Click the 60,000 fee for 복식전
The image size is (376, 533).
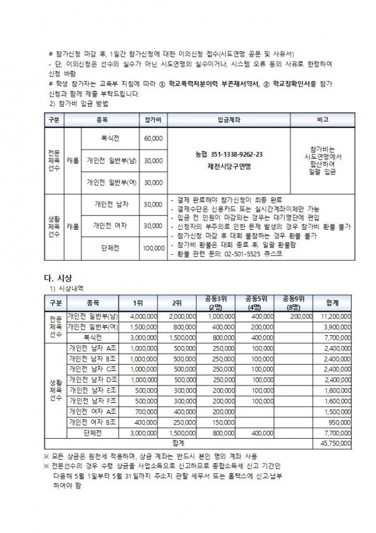(153, 137)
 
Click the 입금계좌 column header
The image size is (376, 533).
(227, 119)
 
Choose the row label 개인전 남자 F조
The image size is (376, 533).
(91, 401)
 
